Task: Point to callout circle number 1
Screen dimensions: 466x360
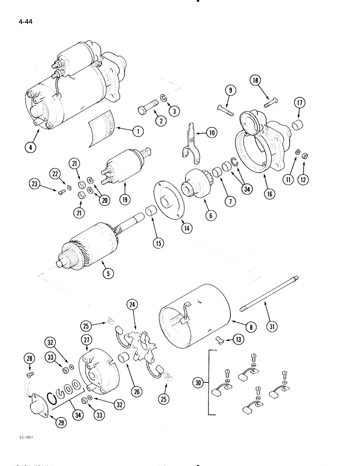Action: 137,132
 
